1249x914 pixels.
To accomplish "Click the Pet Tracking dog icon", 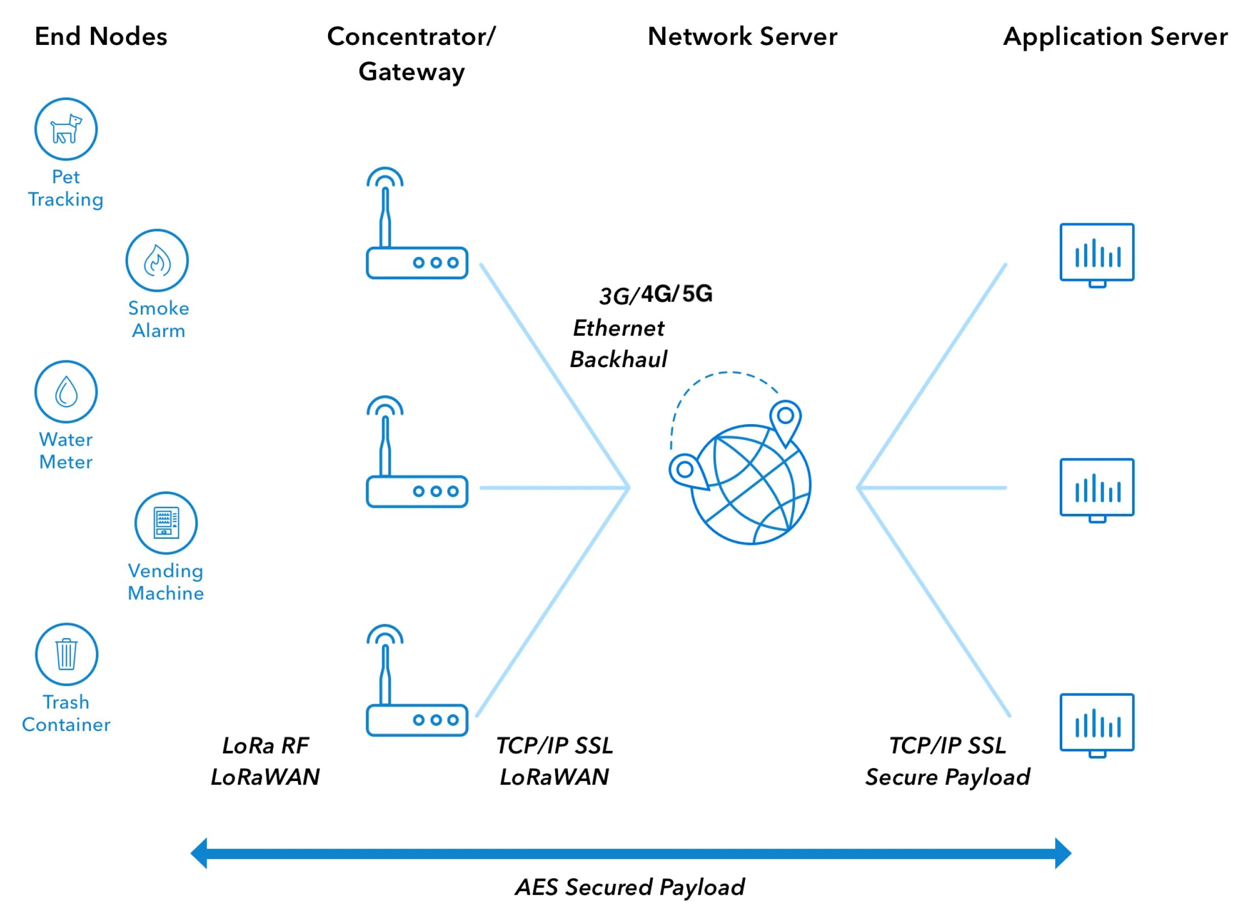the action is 66,129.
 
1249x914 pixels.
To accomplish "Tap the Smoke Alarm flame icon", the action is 157,260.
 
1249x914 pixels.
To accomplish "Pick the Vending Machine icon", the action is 166,524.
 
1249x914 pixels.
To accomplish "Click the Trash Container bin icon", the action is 66,655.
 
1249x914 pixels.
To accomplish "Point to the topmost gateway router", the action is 417,223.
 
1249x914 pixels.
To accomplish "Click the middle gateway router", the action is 417,452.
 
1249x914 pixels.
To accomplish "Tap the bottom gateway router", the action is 417,681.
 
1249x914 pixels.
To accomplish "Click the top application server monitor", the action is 1098,255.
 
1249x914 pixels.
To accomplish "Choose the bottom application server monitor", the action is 1098,726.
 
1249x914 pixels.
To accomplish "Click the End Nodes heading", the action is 101,37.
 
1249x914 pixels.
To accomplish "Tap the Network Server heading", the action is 743,37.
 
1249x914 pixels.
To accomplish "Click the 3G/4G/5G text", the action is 657,295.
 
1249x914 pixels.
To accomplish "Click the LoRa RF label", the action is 266,746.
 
